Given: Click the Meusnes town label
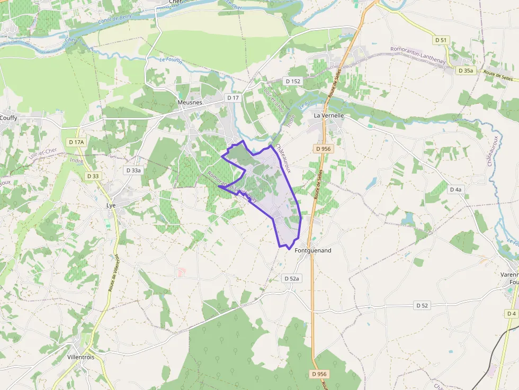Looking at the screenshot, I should point(190,102).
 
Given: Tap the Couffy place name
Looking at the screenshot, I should point(8,117).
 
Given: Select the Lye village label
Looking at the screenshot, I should point(111,205).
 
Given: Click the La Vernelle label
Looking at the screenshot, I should point(329,115).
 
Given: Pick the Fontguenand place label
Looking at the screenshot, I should point(312,250).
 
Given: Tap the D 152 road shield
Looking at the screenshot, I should point(292,81).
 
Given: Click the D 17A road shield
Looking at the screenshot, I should point(76,142).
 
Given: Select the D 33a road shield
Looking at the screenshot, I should point(133,170).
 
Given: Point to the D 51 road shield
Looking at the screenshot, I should point(441,40).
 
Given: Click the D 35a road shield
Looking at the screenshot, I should point(466,70).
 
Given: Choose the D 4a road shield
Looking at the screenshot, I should point(455,189).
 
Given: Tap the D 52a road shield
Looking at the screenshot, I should point(291,278).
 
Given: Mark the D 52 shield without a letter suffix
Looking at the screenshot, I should point(422,305).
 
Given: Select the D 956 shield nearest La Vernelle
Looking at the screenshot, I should point(323,149).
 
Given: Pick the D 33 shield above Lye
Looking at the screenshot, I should point(92,176).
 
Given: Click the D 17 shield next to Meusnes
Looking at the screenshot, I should point(233,97).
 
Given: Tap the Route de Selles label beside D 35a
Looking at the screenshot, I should point(499,77).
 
